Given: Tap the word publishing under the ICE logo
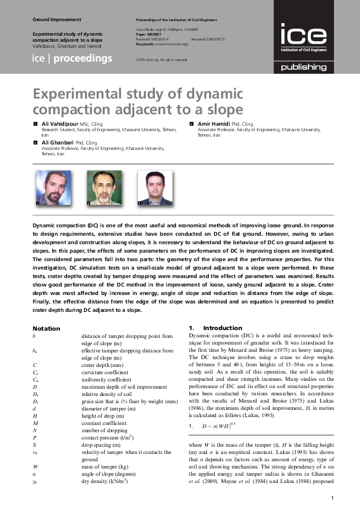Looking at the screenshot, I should coord(303,68).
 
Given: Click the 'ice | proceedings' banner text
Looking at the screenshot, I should coord(72,59).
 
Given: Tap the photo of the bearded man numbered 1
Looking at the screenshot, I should coord(51,187).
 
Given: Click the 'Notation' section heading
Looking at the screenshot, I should coord(46,328).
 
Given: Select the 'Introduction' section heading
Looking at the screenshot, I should coord(222,328).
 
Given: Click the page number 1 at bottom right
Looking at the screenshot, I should coord(333,498).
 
